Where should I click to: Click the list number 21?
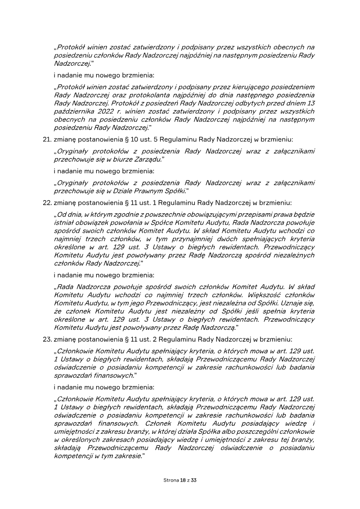[45, 140]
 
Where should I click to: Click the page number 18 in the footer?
[183, 480]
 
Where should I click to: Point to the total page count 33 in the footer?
[194, 480]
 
